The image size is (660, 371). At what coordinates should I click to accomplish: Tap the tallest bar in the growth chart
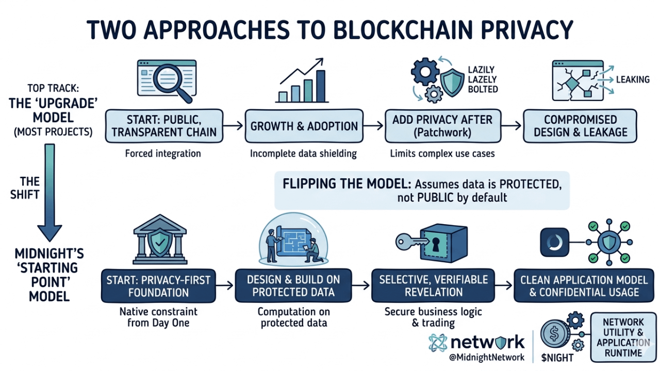click(321, 86)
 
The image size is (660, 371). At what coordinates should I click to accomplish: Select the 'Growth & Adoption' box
click(304, 126)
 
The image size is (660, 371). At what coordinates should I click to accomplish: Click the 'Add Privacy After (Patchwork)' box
click(443, 126)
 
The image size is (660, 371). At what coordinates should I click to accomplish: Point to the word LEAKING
click(633, 79)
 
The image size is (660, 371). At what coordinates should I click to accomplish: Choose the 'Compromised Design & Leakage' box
click(580, 126)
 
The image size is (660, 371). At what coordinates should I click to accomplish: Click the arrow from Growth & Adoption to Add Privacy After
click(374, 126)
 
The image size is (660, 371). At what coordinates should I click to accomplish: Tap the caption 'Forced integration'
click(163, 154)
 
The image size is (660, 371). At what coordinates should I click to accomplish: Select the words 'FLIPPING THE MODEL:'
click(347, 184)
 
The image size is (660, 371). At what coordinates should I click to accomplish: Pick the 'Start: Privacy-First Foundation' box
click(158, 286)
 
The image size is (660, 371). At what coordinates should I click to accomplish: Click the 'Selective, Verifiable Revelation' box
click(433, 285)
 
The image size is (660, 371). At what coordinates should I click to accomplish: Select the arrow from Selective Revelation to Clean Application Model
click(504, 285)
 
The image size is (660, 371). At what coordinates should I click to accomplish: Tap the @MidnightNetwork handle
click(487, 358)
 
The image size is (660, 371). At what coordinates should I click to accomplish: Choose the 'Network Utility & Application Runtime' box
click(623, 338)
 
